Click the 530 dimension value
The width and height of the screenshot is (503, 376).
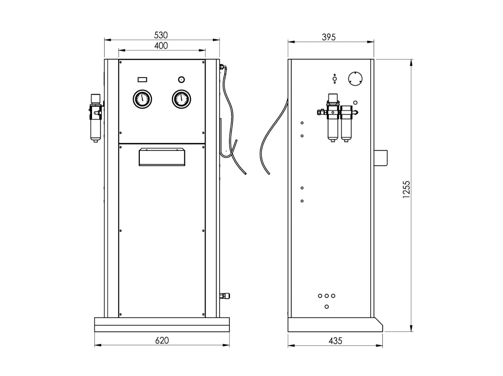coord(161,35)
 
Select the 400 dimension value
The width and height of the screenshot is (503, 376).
coord(161,46)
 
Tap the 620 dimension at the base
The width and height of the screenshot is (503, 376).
coord(162,340)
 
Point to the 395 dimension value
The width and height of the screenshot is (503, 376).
coord(329,37)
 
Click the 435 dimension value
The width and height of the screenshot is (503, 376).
coord(335,341)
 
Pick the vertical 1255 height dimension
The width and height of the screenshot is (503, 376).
coord(406,189)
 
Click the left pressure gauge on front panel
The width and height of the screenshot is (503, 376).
coord(143,99)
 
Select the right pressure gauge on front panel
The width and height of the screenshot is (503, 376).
coord(181,99)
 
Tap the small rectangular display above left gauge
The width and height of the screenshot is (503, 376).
coord(142,80)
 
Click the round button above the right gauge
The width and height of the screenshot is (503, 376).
coord(181,79)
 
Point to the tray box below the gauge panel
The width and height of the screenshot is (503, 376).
coord(162,157)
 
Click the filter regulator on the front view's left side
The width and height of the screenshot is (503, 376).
coord(96,118)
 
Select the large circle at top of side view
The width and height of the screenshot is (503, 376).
coord(355,78)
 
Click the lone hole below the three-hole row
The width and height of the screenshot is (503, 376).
coord(326,307)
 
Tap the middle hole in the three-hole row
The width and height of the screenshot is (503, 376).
coord(326,296)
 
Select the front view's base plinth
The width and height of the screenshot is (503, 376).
coord(162,325)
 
